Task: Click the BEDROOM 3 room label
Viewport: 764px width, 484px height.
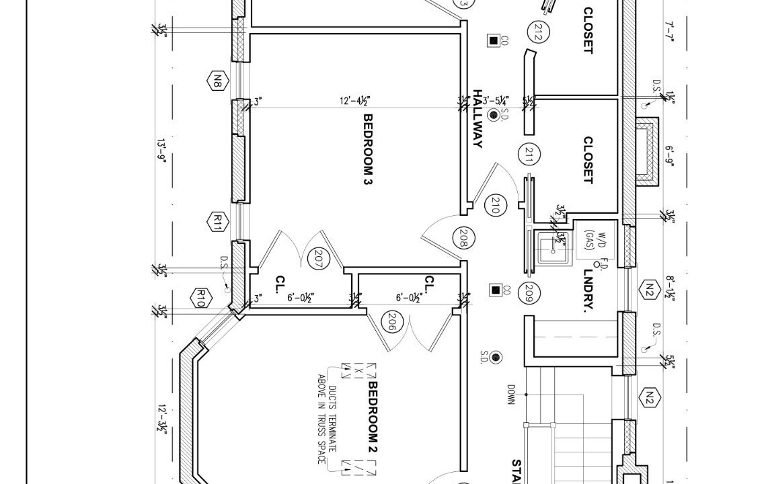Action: pos(368,149)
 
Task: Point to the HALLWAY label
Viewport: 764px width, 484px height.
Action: pos(478,118)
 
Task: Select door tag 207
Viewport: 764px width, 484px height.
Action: pos(316,259)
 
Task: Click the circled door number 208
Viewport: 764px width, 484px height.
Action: pos(463,237)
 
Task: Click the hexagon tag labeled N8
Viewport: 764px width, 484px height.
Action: pos(217,81)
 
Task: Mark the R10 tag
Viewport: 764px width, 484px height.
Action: pos(200,298)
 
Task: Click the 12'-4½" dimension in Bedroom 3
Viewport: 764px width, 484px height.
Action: pos(355,102)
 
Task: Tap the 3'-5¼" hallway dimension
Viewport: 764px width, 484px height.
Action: pos(496,102)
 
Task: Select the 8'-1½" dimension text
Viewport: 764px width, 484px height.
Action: pos(669,288)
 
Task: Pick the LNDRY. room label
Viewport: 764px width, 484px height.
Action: pos(589,291)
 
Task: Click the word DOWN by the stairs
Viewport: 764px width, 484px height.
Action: pos(511,395)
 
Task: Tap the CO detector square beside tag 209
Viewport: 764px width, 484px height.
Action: pos(496,290)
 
